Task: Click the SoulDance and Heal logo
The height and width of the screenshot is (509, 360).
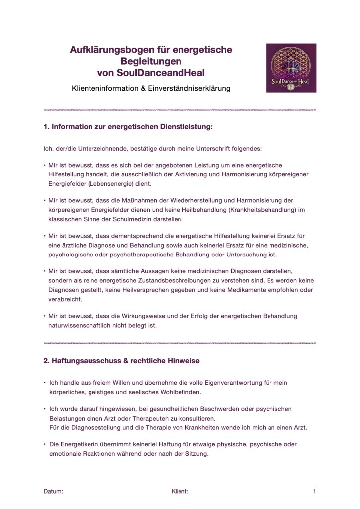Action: coord(291,68)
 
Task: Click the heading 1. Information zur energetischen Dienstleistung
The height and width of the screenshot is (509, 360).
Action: coord(128,127)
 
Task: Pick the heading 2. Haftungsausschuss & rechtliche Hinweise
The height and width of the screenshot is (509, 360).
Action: coord(122,360)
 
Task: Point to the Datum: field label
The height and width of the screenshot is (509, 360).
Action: coord(53,491)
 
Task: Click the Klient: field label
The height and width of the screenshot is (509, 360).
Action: coord(180,491)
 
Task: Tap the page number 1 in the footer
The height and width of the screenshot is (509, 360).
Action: coord(314,491)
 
